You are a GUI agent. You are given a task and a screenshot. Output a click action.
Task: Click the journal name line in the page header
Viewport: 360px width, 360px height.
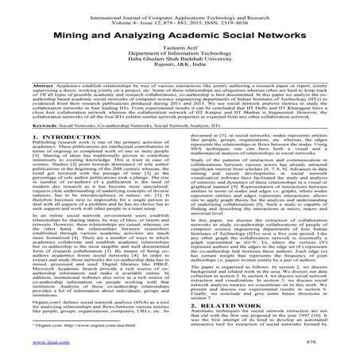[180, 7]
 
